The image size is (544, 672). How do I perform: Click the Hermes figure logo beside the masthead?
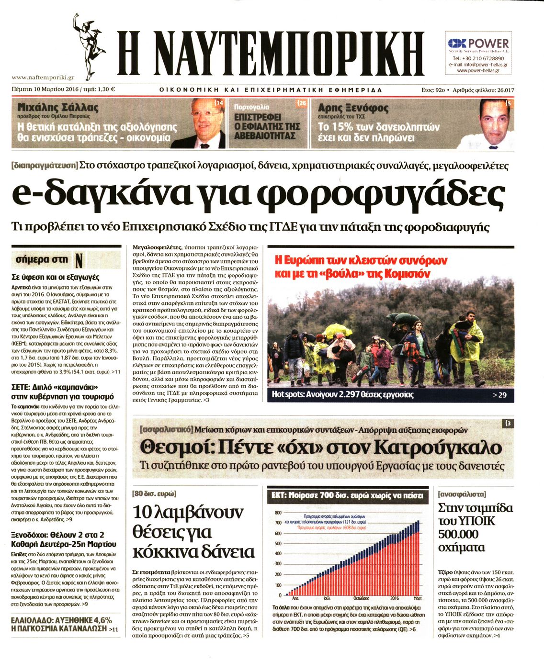[x=89, y=46]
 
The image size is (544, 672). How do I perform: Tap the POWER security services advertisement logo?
[x=478, y=44]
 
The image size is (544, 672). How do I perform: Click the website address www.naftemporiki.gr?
[x=43, y=77]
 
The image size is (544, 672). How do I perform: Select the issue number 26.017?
[x=505, y=90]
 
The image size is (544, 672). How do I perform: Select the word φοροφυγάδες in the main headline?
[x=381, y=194]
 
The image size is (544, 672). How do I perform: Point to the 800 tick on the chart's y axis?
[x=278, y=513]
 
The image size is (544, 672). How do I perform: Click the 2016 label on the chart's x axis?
[x=394, y=598]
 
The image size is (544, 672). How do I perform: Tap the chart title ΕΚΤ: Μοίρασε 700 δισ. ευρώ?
[x=347, y=496]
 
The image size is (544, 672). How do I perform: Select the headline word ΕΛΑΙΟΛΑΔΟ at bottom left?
[x=31, y=620]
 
